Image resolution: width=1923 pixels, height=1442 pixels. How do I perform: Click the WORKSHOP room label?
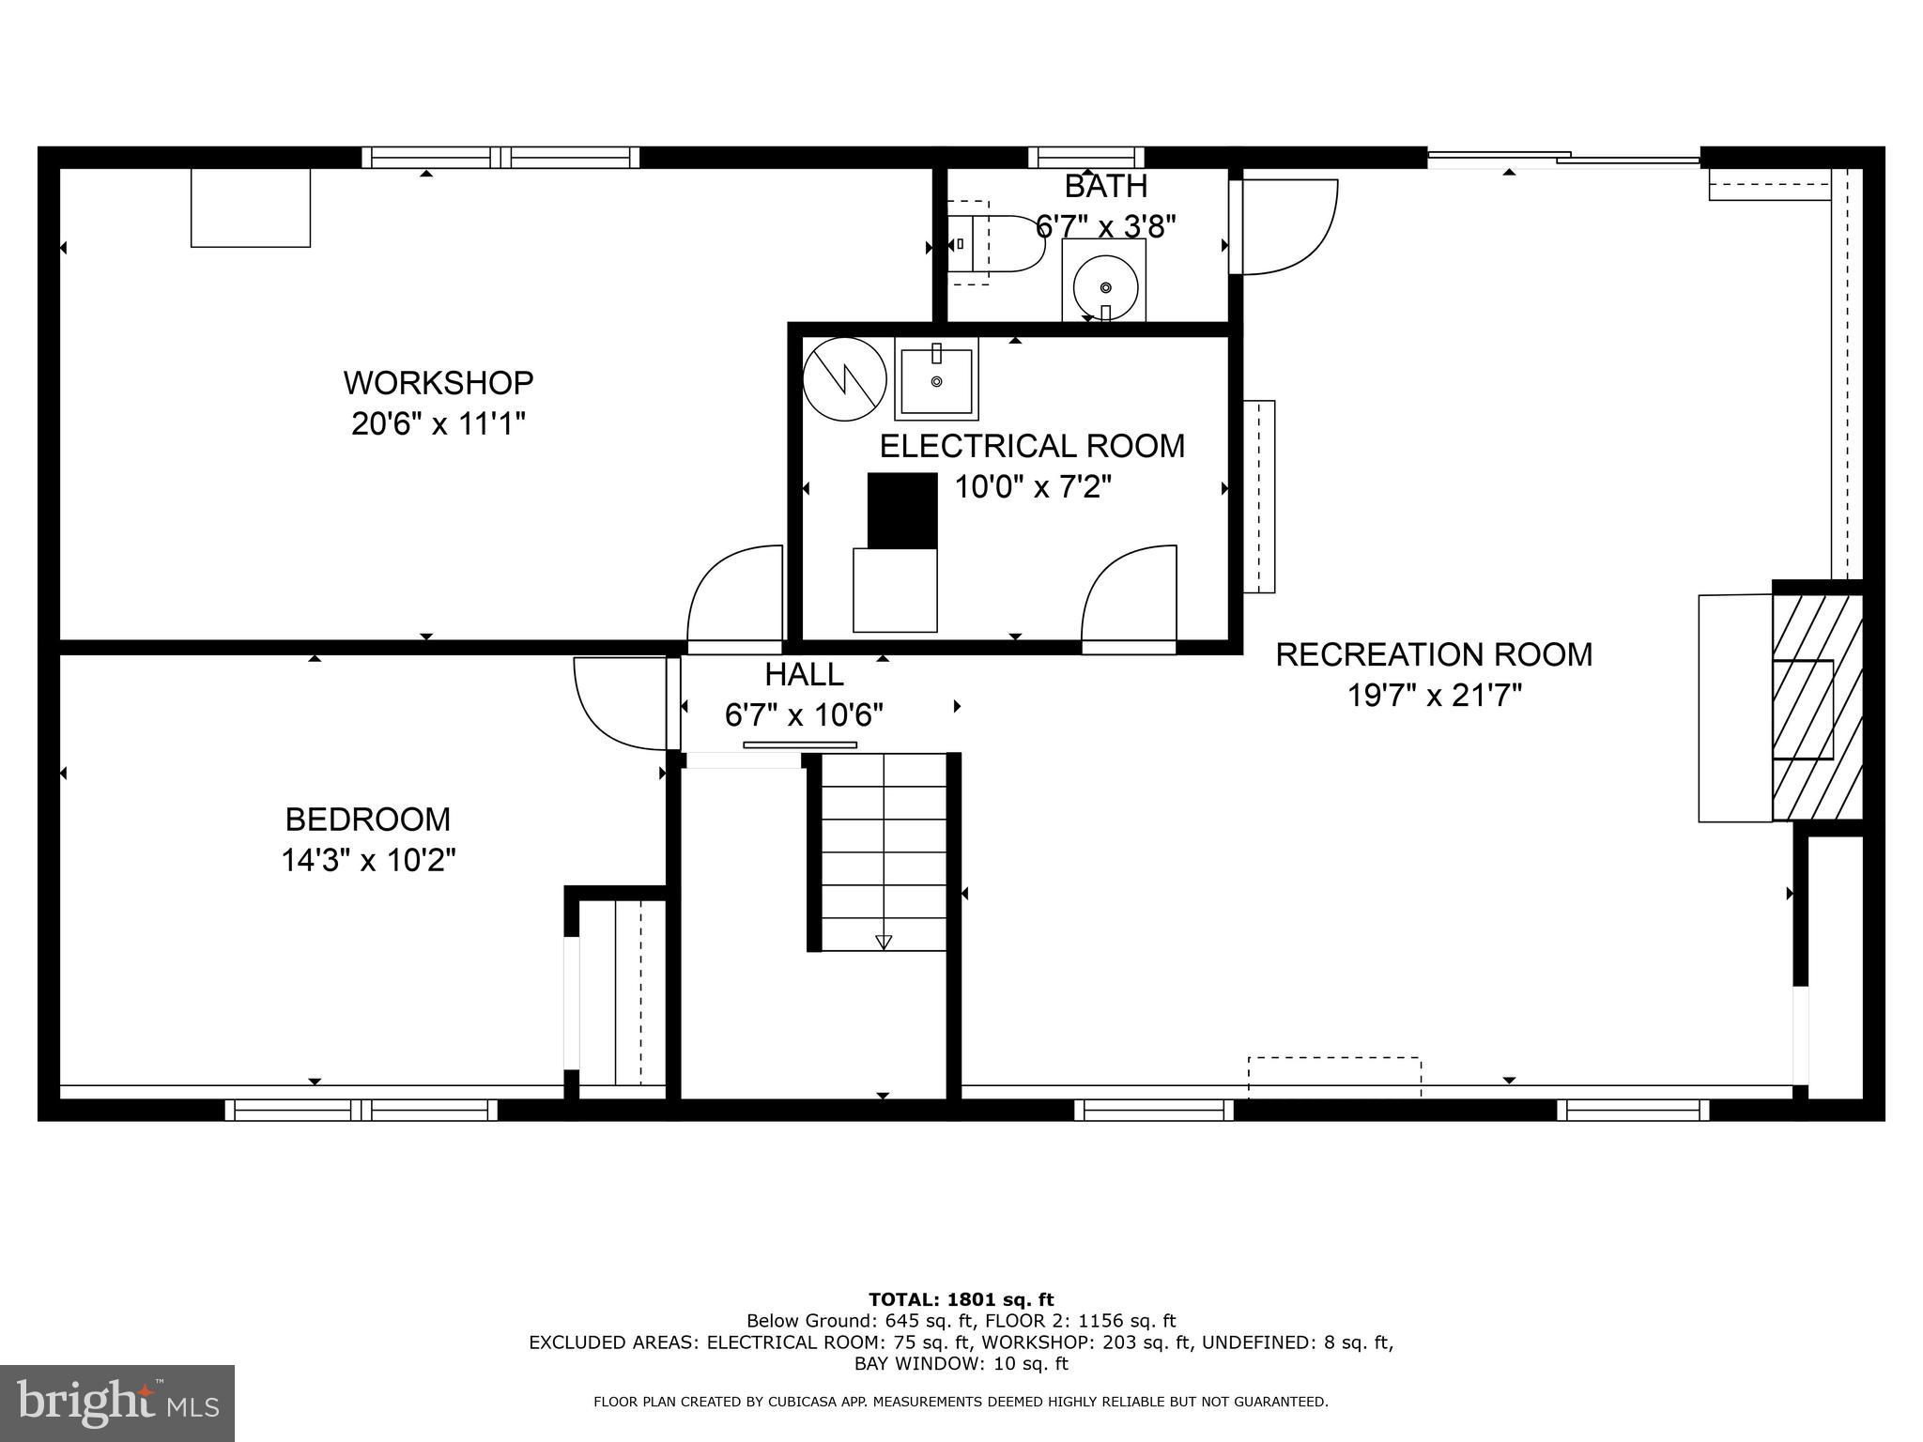point(438,383)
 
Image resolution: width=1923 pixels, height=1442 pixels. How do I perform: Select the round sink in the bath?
point(1105,285)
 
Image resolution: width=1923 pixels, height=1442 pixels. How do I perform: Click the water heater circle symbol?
point(845,379)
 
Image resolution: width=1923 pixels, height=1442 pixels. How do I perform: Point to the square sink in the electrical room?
point(936,379)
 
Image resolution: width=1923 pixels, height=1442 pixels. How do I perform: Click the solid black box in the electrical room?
point(902,511)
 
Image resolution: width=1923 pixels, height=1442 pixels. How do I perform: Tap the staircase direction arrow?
point(883,942)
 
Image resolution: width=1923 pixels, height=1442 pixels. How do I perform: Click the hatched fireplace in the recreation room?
point(1817,708)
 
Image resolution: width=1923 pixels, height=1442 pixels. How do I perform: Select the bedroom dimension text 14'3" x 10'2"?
point(368,860)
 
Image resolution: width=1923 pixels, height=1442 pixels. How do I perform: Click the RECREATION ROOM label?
point(1434,654)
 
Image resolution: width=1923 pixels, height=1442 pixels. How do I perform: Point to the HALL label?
point(804,674)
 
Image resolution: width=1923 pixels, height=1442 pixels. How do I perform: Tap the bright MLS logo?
point(117,1403)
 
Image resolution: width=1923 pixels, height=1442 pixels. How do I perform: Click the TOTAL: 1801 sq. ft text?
point(961,1300)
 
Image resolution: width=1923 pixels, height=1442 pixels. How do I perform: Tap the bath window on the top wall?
point(1086,158)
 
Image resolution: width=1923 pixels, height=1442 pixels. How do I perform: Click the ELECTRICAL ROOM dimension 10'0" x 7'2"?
point(1033,487)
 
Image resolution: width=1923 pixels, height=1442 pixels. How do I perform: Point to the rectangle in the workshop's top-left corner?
point(251,207)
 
